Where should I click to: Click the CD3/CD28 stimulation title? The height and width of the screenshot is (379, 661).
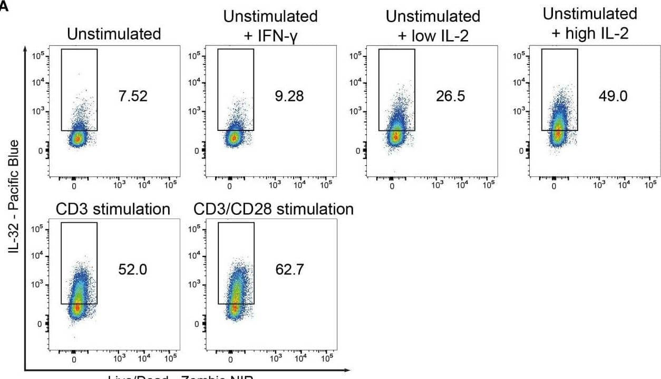(x=274, y=210)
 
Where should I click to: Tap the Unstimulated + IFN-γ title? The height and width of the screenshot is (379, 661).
(x=270, y=25)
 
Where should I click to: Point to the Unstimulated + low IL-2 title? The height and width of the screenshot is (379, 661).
(x=433, y=25)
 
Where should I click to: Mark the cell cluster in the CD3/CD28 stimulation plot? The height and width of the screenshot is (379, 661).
(x=236, y=296)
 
